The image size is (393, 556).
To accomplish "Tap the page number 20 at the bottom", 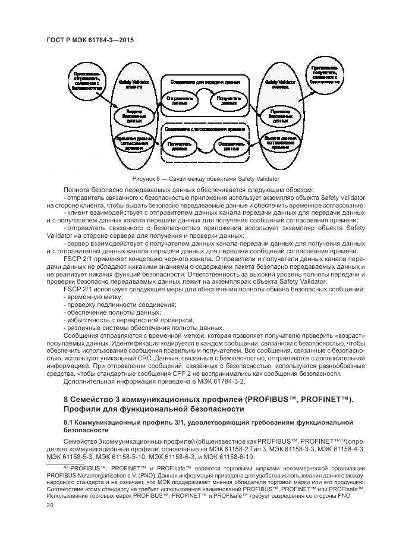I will (50, 505).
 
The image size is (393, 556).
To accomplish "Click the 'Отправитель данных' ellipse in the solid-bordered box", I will (179, 100).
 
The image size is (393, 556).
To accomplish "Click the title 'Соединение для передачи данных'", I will (205, 81).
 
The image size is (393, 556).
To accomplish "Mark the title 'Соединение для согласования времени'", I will (205, 127).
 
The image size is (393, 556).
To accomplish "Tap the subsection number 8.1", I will (67, 422).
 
